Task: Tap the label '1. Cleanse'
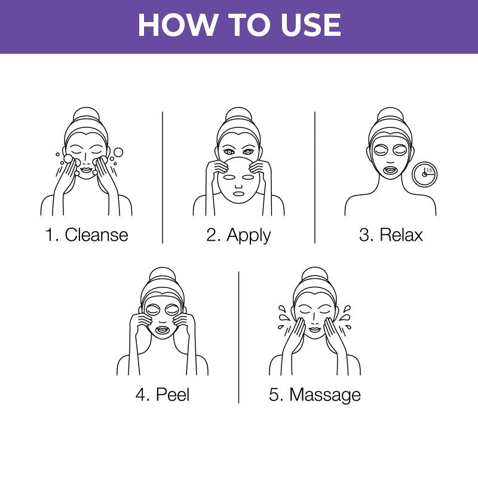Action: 87,234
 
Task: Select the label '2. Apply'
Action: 238,234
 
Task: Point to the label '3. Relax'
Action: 391,234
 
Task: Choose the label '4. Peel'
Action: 163,394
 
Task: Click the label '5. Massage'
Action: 315,394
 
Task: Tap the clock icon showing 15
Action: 425,174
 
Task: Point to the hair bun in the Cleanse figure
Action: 87,115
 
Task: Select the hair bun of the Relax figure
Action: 391,115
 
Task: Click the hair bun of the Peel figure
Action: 163,275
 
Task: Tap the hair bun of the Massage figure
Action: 315,275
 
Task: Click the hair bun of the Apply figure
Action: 238,115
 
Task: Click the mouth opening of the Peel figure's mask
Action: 163,329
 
